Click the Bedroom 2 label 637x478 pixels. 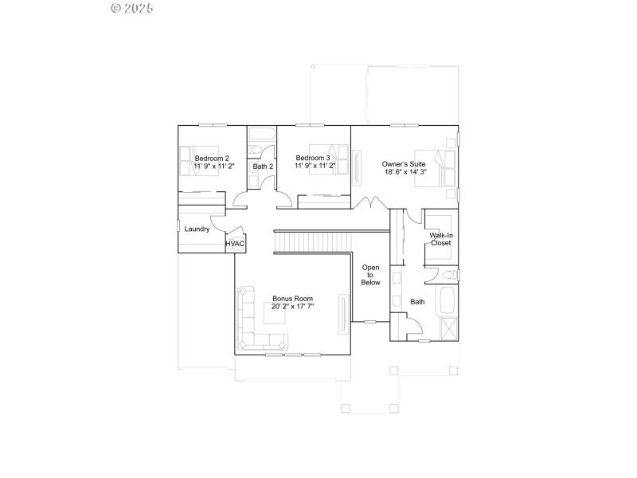212,158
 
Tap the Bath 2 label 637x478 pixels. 264,167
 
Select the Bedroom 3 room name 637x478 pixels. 312,158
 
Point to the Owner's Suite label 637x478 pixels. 404,163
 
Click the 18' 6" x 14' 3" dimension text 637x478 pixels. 404,171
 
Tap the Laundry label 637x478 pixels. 197,229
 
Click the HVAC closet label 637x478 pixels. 235,244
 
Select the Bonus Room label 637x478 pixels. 292,298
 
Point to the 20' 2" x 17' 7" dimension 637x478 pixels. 292,306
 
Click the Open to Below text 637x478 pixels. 371,275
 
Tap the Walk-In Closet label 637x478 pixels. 441,239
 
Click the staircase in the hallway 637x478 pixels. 313,241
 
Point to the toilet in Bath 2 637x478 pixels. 255,150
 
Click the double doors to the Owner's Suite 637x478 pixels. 369,202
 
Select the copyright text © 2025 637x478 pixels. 132,9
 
